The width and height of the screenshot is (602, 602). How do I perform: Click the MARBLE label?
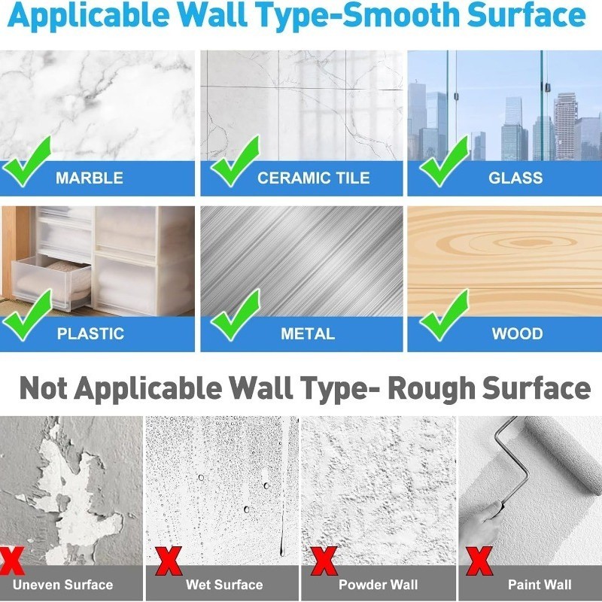click(90, 178)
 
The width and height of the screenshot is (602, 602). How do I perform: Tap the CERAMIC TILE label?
click(314, 178)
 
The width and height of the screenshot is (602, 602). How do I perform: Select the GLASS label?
click(515, 178)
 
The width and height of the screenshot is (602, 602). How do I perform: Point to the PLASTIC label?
click(90, 333)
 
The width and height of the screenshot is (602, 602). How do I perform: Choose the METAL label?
click(308, 333)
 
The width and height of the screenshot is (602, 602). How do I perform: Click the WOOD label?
click(518, 333)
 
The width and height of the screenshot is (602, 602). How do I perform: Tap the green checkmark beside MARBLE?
click(27, 161)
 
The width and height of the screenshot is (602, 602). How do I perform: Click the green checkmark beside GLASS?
click(445, 161)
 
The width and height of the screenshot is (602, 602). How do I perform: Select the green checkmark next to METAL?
click(236, 315)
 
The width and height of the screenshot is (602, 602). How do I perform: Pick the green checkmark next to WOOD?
click(445, 315)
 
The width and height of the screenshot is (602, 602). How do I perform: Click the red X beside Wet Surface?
click(169, 561)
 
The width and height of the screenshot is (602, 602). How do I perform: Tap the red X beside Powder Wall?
click(324, 561)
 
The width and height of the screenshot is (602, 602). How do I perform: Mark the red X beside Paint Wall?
click(479, 561)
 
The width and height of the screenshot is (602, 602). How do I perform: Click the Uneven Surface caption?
click(63, 585)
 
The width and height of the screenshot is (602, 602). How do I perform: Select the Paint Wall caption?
click(540, 585)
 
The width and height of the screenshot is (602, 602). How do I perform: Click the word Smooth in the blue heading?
click(401, 14)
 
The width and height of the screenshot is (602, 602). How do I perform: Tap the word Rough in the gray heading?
click(431, 388)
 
